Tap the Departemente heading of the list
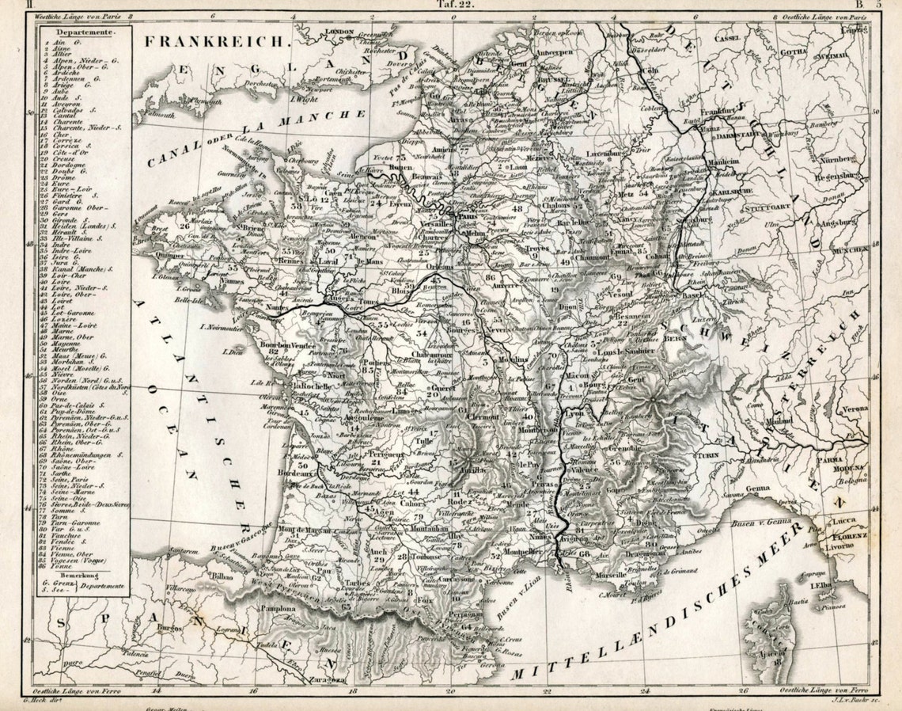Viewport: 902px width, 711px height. [x=81, y=32]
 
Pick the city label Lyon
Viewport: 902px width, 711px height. [x=575, y=413]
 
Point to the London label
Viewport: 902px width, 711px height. [x=338, y=32]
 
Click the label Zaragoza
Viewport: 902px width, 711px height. [x=326, y=679]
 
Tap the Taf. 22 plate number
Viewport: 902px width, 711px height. [x=454, y=5]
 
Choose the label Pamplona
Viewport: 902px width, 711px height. [x=274, y=609]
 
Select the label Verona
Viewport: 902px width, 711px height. [x=854, y=409]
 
